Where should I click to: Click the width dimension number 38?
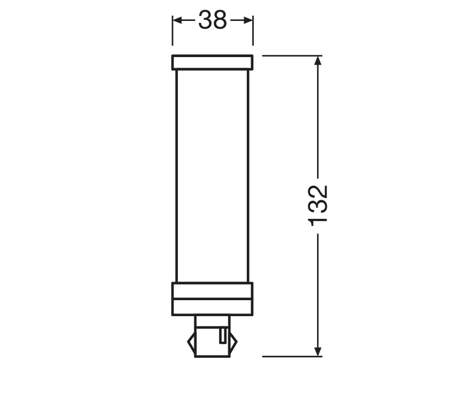pos(212,20)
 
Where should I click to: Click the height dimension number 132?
pos(318,206)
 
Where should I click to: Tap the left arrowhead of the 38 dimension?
pos(177,20)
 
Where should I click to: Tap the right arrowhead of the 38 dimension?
pos(248,20)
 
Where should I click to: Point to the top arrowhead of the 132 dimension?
pos(318,60)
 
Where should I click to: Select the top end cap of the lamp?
pos(212,63)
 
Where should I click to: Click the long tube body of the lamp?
pos(212,176)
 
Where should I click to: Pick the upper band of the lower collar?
pos(212,291)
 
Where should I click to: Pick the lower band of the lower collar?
pos(212,308)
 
